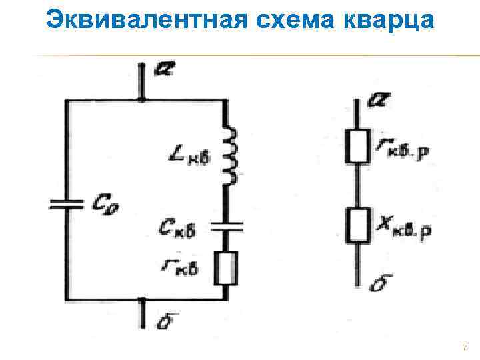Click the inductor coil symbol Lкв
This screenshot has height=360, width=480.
coord(231,157)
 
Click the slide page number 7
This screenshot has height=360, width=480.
coord(464,348)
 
